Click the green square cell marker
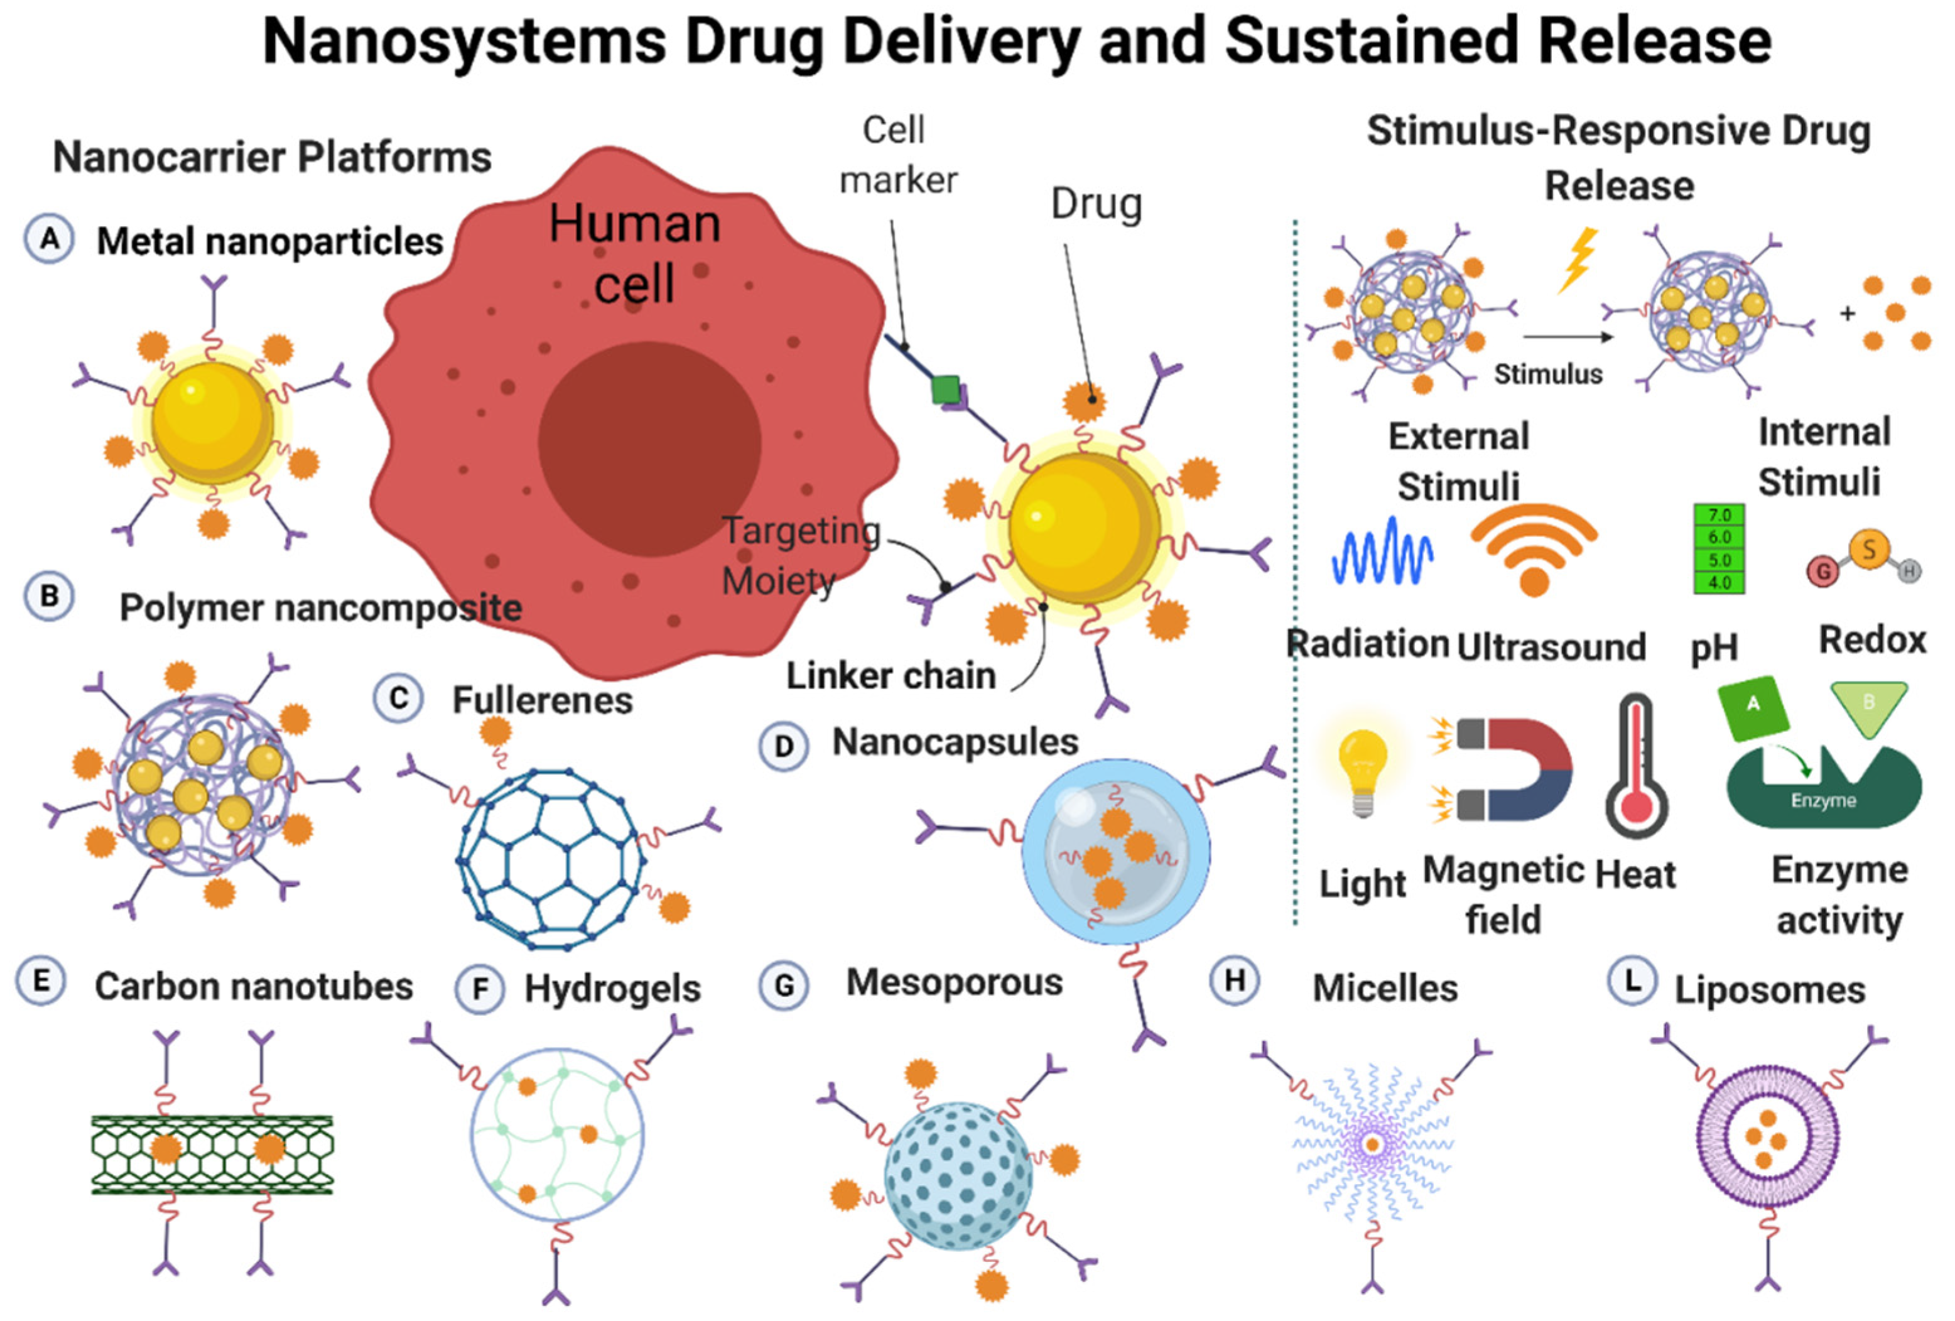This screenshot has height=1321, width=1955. [946, 389]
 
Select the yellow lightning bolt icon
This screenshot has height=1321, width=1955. [1578, 259]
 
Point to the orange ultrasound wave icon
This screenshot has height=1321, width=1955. [1534, 548]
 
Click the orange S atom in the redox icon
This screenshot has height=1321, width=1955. [1868, 550]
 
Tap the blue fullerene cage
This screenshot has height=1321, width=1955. [551, 858]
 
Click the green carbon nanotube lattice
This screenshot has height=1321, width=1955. [212, 1155]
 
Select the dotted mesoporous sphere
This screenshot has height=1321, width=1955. [957, 1175]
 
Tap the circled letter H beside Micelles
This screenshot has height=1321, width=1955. [1234, 981]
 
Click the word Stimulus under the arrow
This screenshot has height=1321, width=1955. [1548, 374]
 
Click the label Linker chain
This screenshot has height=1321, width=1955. [890, 676]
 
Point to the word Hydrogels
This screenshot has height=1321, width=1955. [612, 989]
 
